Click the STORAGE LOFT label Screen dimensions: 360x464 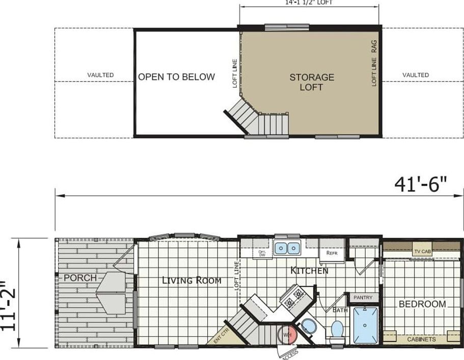point(312,82)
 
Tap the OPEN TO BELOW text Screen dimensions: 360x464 point(176,77)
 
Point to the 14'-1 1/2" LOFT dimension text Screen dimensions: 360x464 point(309,3)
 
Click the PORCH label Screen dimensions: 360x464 point(80,278)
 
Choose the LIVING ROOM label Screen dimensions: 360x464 point(192,280)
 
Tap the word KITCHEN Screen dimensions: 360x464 point(309,270)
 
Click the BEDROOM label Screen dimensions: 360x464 point(422,304)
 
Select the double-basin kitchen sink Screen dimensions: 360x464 point(287,248)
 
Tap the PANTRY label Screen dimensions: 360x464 point(363,297)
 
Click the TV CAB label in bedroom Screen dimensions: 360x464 point(422,251)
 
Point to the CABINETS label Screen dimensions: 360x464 point(421,339)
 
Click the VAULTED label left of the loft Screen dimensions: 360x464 point(100,75)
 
